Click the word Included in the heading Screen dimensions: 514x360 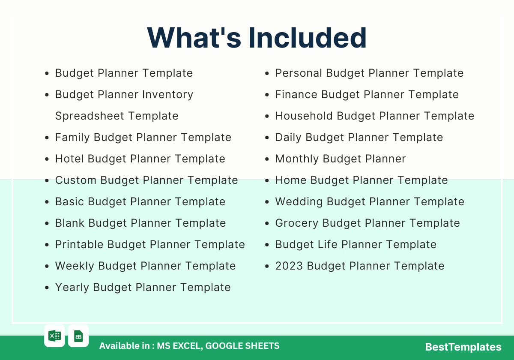pos(308,38)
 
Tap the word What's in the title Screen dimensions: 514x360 pos(194,38)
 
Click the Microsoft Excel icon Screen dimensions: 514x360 pos(55,336)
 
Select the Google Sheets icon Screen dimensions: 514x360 pos(78,336)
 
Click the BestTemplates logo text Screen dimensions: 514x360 pos(463,347)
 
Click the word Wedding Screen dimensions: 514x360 pos(299,201)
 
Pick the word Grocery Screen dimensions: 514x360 pos(297,223)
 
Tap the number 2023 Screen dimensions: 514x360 pos(289,266)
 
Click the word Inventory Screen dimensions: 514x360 pos(168,95)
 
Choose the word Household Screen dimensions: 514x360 pos(304,116)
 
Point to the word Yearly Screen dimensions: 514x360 pos(72,288)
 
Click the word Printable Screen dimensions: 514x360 pos(79,244)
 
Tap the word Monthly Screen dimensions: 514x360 pos(297,159)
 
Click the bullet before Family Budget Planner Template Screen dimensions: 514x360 pos(47,138)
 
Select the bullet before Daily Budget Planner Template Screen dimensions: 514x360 pos(267,138)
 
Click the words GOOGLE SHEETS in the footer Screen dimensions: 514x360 pos(242,346)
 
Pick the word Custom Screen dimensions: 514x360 pos(76,180)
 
